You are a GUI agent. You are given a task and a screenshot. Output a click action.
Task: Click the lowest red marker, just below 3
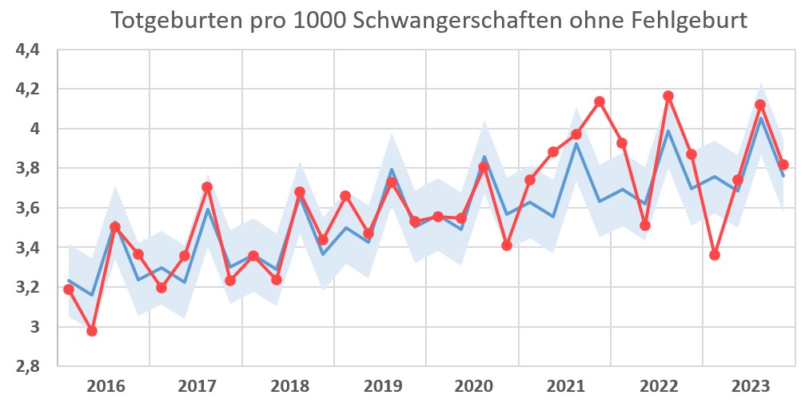[92, 330]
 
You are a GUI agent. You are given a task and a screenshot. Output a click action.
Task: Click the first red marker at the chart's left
[69, 289]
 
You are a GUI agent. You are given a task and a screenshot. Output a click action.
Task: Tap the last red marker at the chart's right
[783, 165]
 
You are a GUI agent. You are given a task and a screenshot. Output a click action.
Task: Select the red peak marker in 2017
[207, 187]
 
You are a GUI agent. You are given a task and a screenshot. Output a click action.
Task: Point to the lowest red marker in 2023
[715, 255]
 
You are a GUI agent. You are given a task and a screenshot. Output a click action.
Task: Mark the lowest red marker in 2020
[507, 245]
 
